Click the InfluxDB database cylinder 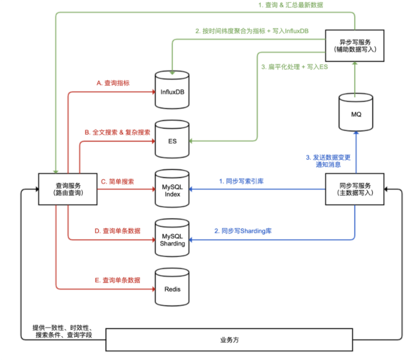click(173, 90)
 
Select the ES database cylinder click(173, 140)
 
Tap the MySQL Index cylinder click(172, 190)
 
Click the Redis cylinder click(172, 287)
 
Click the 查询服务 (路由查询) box click(68, 189)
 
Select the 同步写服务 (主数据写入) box click(355, 189)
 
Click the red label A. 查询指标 click(113, 83)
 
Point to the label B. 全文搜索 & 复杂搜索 click(117, 132)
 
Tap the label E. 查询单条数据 click(117, 280)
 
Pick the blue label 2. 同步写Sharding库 click(243, 231)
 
